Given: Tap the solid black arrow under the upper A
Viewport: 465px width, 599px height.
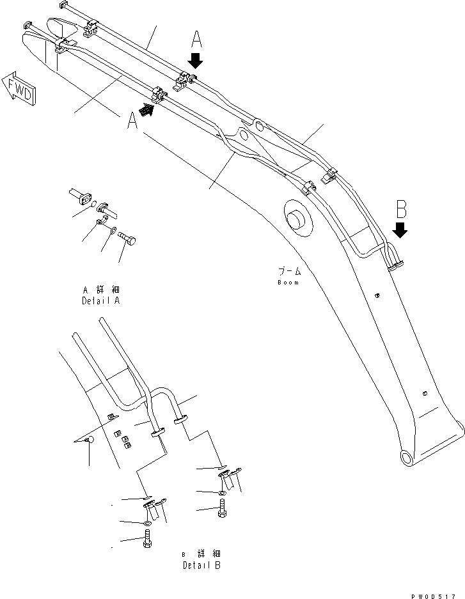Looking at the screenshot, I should [x=196, y=61].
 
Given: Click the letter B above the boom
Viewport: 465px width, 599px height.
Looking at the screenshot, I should [x=401, y=209].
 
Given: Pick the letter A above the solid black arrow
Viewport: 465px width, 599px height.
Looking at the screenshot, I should [x=196, y=40].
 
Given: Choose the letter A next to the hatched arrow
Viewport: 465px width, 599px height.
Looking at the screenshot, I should [x=132, y=121].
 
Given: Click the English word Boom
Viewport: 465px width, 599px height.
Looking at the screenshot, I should [x=288, y=282].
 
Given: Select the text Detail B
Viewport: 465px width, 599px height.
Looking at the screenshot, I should [x=202, y=565].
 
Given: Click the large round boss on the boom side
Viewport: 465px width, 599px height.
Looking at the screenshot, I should [x=297, y=219].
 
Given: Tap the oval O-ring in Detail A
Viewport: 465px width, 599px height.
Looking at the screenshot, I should [x=94, y=205].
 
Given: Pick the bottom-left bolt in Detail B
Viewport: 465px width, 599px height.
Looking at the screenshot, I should [x=146, y=540].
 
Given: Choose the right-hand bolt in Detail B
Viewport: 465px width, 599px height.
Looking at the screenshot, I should [x=221, y=510].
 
